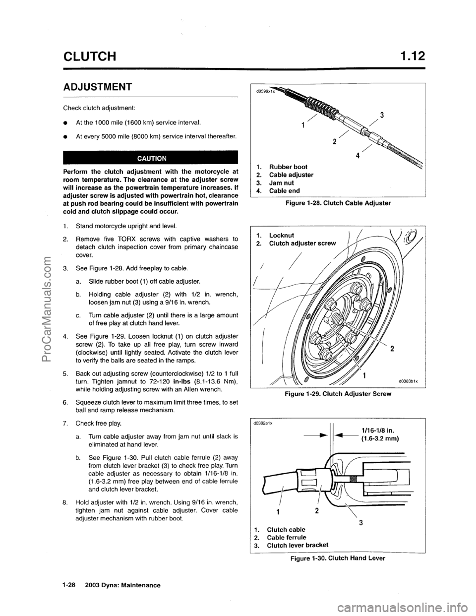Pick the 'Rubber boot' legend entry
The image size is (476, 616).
283,166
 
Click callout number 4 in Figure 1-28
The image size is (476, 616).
360,154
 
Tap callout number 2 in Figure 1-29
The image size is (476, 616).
392,349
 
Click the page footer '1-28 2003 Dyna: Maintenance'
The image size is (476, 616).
111,585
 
